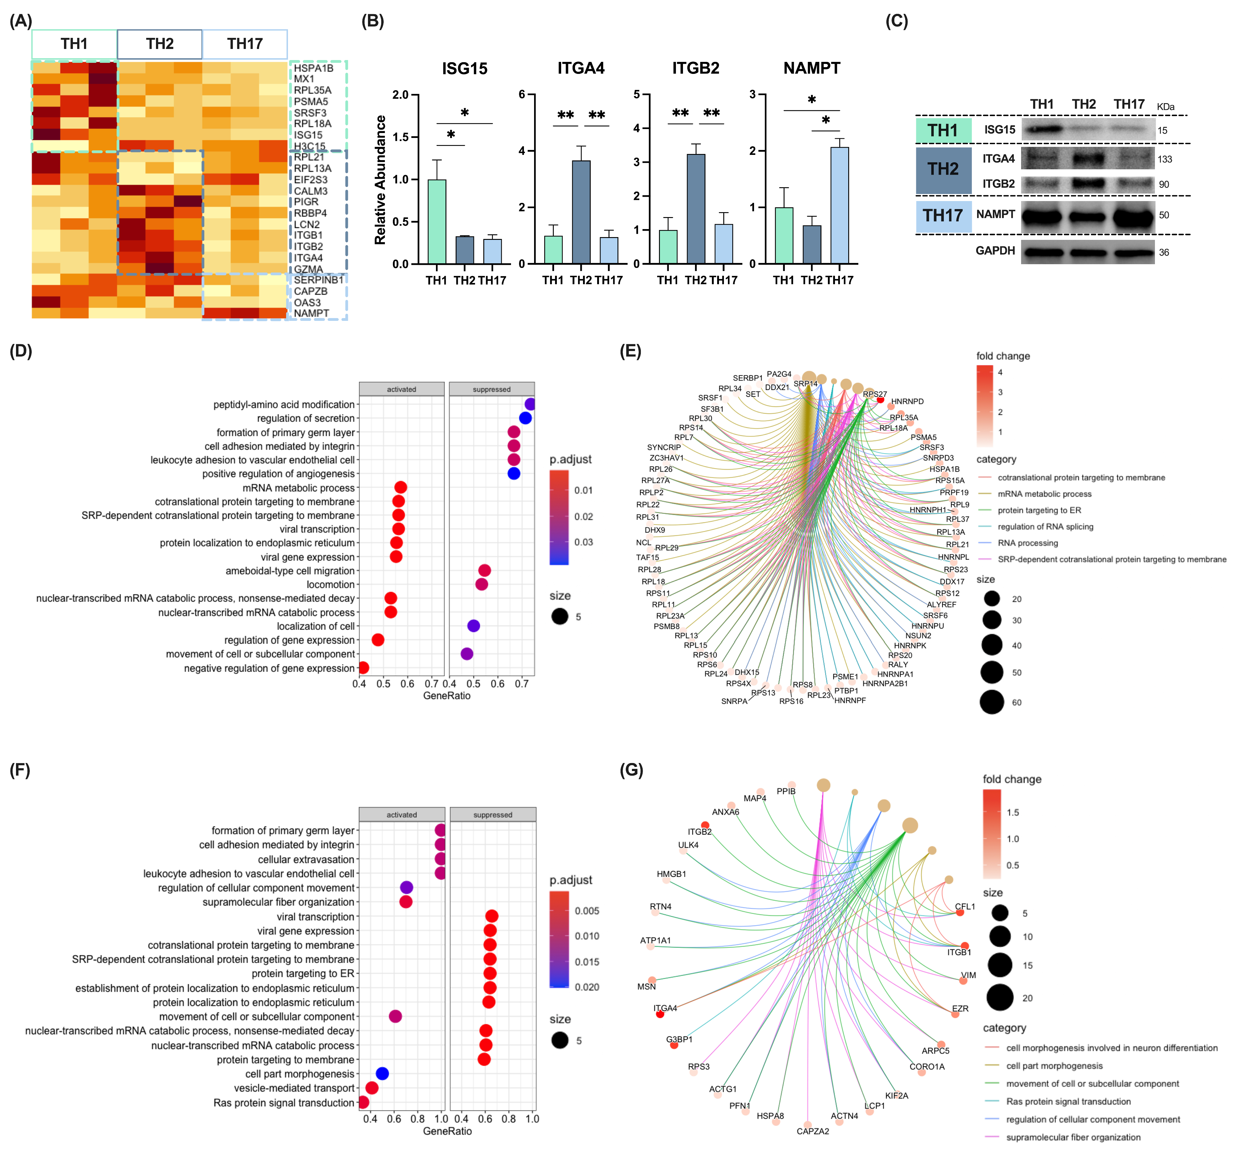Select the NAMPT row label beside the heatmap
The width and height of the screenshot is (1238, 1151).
(311, 313)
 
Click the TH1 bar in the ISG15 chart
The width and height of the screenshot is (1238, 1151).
(436, 221)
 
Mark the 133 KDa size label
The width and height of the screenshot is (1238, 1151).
(1164, 160)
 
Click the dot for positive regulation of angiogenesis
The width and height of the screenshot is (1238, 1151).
(513, 473)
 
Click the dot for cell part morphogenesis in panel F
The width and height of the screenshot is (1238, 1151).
(382, 1073)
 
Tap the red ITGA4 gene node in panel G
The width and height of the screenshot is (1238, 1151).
(660, 1014)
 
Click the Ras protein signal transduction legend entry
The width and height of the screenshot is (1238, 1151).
(1068, 1101)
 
